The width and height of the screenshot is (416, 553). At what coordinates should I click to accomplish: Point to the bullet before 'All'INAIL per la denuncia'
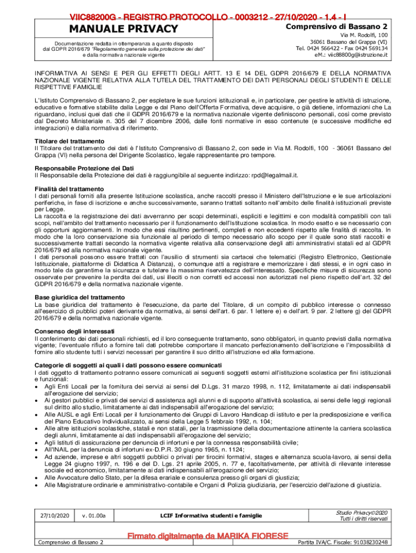click(x=37, y=449)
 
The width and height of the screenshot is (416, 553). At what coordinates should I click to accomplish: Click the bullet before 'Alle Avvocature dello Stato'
click(x=37, y=478)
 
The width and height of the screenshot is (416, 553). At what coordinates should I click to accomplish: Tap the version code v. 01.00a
click(x=94, y=517)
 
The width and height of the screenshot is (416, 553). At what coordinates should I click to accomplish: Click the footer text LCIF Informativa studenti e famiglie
click(x=211, y=516)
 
